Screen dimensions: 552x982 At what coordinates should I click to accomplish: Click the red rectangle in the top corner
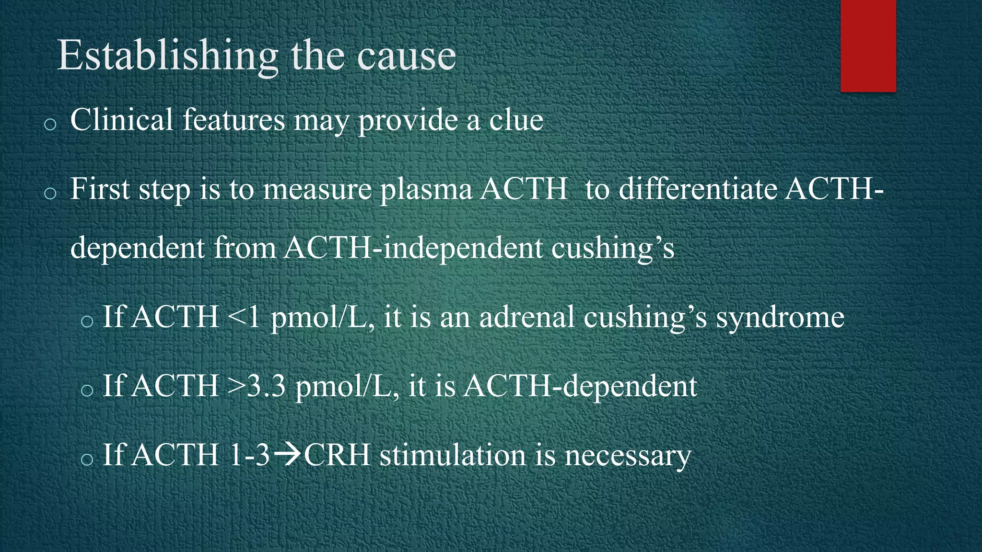[x=868, y=46]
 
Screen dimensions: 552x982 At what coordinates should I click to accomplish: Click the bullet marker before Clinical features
[x=50, y=125]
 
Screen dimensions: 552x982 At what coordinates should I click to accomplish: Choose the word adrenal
[x=526, y=317]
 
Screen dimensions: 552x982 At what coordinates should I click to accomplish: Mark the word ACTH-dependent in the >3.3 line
[x=580, y=386]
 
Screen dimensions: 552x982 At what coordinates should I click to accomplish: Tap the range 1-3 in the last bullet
[x=249, y=455]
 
